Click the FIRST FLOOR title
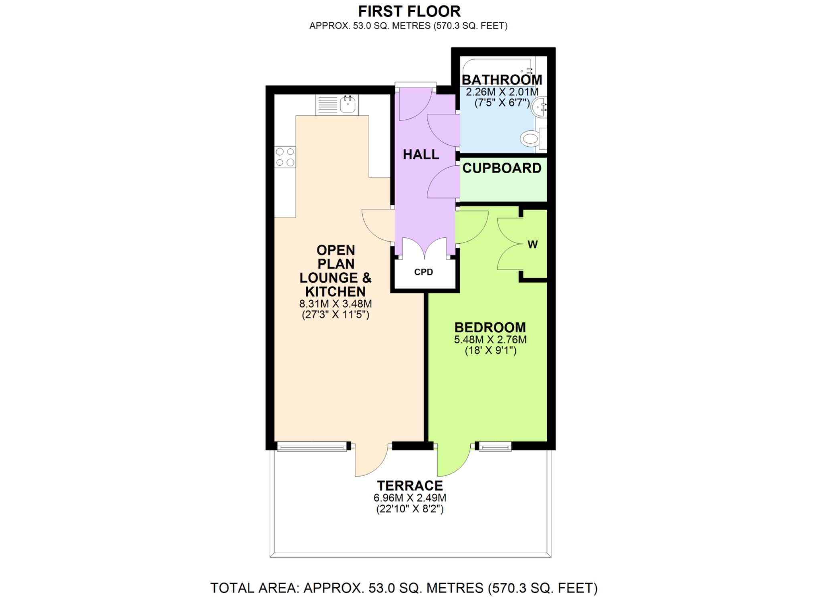(409, 11)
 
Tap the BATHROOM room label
(502, 80)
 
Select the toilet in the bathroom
(531, 139)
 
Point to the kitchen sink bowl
(348, 105)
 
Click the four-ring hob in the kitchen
(285, 157)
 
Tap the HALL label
(421, 155)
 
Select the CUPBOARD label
(502, 168)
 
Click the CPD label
(423, 272)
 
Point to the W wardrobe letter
(532, 245)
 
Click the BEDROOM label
(490, 328)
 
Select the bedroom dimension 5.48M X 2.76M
(490, 340)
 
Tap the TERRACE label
(410, 486)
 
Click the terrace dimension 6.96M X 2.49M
(410, 498)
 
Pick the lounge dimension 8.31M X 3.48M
(335, 304)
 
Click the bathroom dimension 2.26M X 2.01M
(502, 92)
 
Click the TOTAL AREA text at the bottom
(404, 588)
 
